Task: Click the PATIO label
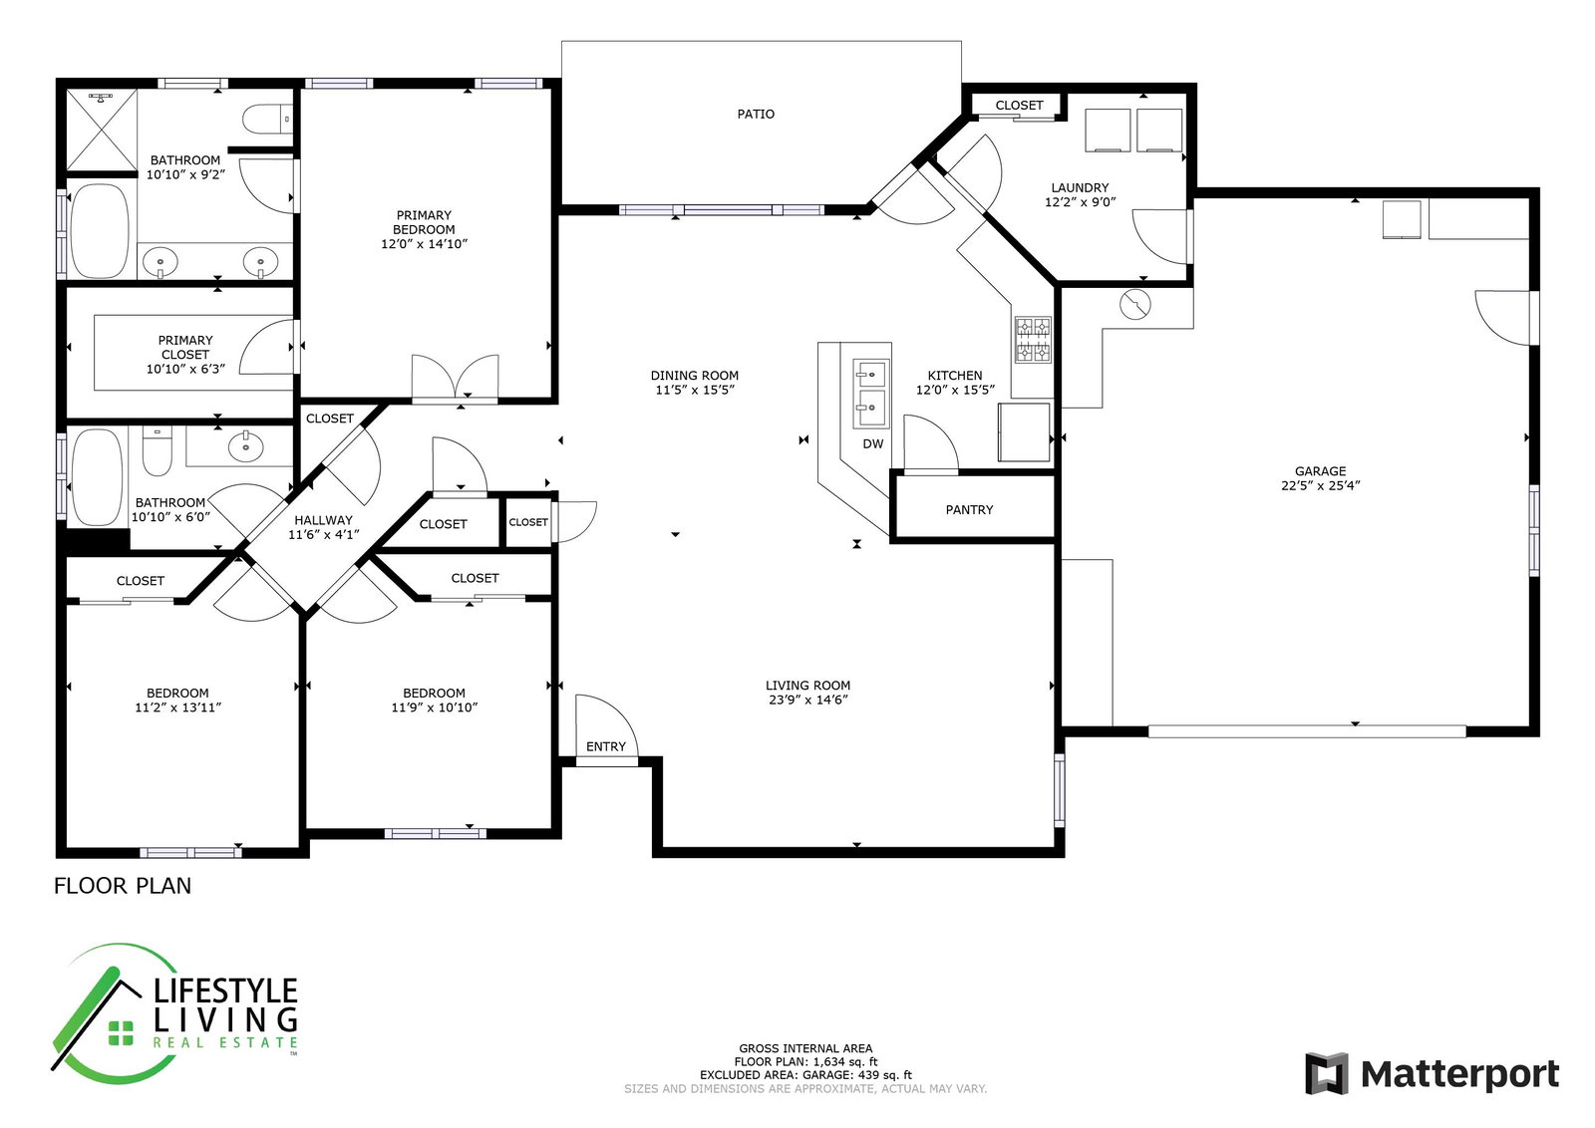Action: click(x=756, y=114)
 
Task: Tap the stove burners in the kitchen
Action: click(x=1033, y=340)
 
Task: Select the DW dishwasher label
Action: click(x=873, y=444)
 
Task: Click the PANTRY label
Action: click(x=969, y=509)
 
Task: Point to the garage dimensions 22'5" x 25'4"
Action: click(x=1320, y=485)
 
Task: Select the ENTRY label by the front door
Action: click(x=606, y=745)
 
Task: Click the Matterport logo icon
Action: click(x=1327, y=1073)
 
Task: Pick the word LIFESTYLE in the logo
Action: click(x=225, y=990)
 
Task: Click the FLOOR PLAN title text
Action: click(x=123, y=885)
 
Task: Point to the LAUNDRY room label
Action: click(x=1081, y=188)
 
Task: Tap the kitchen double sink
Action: click(x=871, y=394)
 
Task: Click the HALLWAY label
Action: click(x=323, y=520)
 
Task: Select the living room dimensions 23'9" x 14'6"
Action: click(x=807, y=700)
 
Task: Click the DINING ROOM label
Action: click(x=694, y=375)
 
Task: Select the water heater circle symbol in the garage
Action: click(x=1135, y=305)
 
